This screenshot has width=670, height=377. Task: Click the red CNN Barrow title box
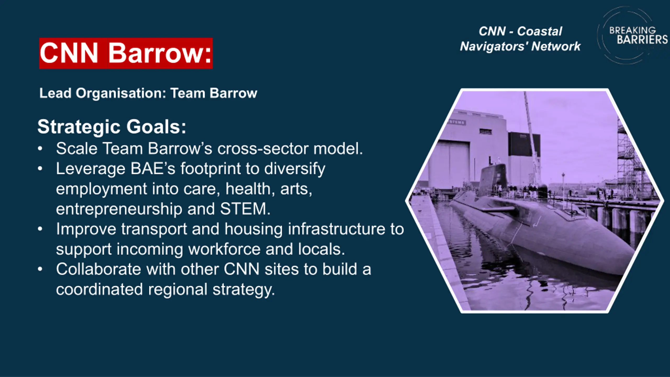[126, 53]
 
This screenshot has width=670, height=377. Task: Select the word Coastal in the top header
[539, 31]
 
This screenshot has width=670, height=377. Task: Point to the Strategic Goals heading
[112, 127]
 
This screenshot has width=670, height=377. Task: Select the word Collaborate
[99, 269]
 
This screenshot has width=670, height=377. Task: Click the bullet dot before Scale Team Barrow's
[40, 149]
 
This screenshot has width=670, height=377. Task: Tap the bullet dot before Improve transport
[40, 229]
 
